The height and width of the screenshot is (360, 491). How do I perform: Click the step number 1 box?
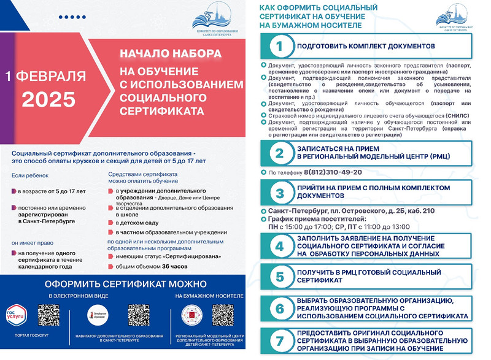click(x=279, y=46)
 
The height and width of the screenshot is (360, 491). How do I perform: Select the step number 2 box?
click(x=279, y=153)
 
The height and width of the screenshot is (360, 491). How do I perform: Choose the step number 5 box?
click(x=279, y=277)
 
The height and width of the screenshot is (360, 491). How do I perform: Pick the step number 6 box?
click(x=279, y=307)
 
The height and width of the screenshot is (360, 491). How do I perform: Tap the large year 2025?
click(x=48, y=99)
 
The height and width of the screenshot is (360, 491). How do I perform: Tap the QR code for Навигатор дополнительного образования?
click(x=138, y=315)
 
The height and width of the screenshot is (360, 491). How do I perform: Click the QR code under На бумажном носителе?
click(x=223, y=315)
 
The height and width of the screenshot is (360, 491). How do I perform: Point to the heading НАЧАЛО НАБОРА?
click(x=170, y=55)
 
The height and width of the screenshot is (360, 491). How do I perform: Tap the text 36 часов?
click(x=174, y=266)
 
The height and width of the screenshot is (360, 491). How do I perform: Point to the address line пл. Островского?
click(x=351, y=210)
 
